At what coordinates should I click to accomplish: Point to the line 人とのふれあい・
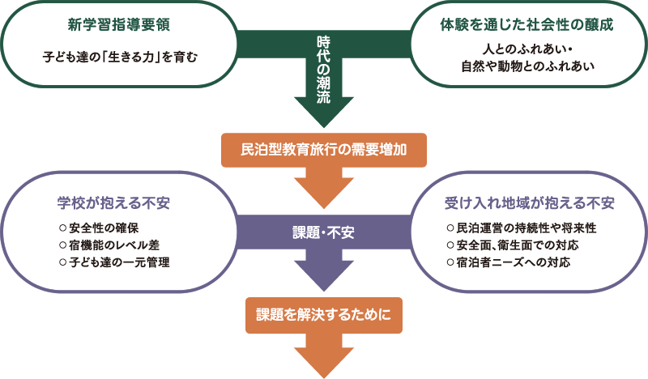528,49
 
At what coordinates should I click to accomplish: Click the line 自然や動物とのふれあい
527,66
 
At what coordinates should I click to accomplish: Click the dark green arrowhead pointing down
323,109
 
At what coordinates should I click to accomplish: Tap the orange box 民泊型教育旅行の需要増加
323,150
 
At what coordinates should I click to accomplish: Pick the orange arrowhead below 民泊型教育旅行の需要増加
323,191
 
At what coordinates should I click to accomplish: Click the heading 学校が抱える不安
118,201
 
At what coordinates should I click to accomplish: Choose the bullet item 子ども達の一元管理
114,262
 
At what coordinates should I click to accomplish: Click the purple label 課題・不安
323,232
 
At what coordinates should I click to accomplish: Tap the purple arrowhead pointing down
323,275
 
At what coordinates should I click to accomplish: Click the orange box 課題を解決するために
323,314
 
